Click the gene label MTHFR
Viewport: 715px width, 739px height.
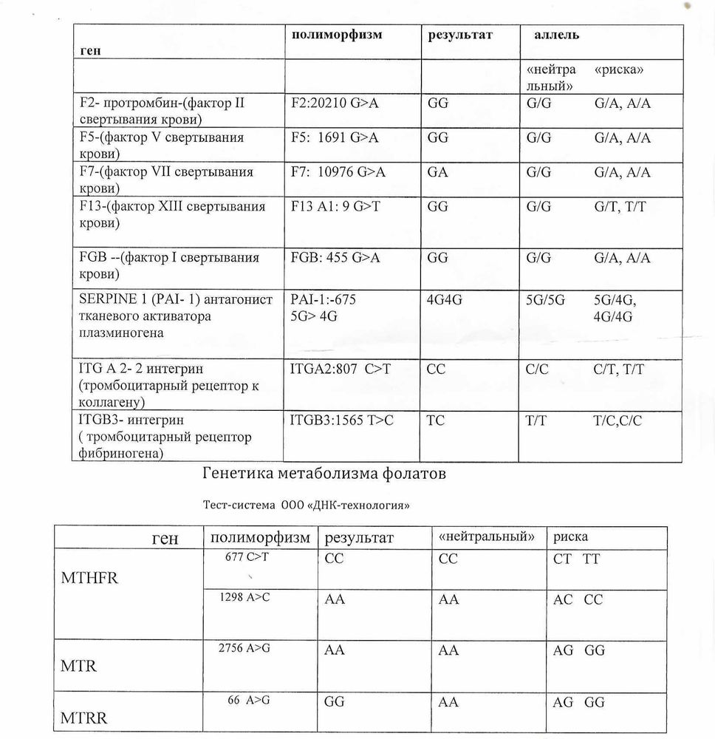click(x=89, y=578)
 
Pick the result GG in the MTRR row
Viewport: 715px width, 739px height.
click(x=335, y=703)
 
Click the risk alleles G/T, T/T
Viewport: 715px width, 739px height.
click(x=620, y=207)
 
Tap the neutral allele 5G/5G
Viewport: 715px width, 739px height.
click(x=546, y=301)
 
